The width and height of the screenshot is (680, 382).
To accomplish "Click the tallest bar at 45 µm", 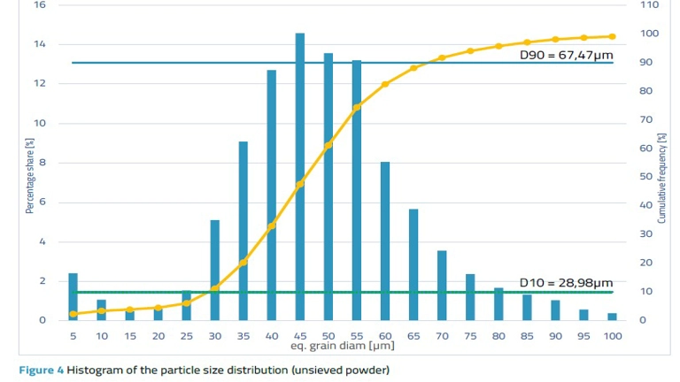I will pos(300,177).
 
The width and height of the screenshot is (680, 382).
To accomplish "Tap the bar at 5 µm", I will pos(73,296).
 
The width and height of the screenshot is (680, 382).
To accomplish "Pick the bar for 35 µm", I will pos(243,230).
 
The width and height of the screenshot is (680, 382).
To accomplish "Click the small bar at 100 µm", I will pos(612,317).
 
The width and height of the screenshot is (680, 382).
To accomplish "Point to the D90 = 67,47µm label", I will pos(566,55).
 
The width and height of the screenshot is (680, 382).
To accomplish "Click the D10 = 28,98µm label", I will pos(566,282).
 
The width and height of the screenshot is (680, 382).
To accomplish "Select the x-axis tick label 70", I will pos(442,336).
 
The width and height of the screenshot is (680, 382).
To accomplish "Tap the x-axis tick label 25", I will pos(187,336).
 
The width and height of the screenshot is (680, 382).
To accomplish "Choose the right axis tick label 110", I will pos(649,5).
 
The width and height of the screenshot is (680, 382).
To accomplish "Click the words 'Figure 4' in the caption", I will pos(41,370).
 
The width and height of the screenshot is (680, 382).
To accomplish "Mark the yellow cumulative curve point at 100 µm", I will pos(612,36).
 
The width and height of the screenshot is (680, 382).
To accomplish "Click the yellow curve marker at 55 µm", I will pos(357,108).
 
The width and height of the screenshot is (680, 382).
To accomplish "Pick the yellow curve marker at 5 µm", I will pos(73,314).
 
